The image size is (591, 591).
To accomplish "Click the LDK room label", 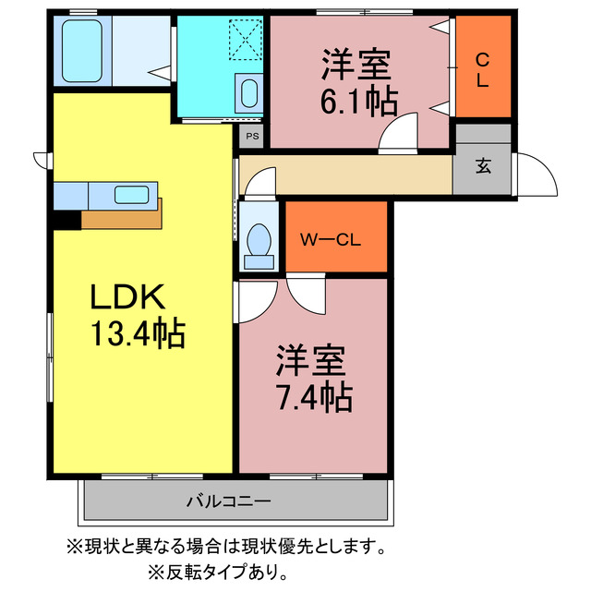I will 127,297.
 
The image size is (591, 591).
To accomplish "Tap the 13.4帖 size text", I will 138,332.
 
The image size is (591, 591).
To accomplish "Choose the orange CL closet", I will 483,69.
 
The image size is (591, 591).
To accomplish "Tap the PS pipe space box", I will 252,136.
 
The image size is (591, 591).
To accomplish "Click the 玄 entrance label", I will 483,167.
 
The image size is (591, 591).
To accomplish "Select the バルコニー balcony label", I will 228,501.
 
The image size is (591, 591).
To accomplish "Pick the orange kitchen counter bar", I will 121,217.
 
